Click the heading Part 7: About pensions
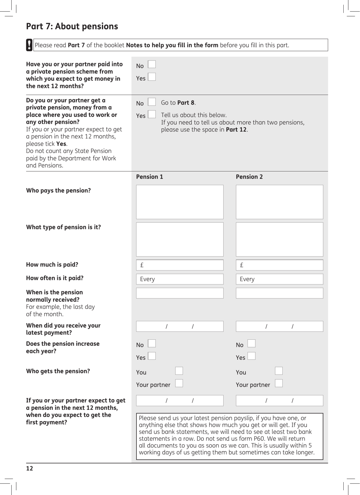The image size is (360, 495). click(72, 27)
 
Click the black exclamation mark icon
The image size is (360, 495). click(29, 45)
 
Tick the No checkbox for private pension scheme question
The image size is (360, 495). click(152, 65)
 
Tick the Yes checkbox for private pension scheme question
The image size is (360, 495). click(152, 77)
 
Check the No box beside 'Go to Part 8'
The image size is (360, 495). click(152, 102)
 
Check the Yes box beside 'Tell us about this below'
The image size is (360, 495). click(152, 114)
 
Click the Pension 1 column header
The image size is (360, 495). click(150, 177)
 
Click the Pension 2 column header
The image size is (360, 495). click(249, 177)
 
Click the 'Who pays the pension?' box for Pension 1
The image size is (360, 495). click(180, 202)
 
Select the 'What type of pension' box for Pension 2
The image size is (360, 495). click(279, 239)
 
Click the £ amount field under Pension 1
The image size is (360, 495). click(180, 265)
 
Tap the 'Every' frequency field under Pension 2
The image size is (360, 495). click(279, 279)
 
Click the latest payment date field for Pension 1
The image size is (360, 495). click(180, 326)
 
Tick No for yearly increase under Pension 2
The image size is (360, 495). click(251, 344)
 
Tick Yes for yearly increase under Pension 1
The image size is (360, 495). click(152, 356)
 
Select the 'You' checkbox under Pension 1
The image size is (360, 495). click(179, 371)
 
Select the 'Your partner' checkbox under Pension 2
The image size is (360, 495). click(279, 384)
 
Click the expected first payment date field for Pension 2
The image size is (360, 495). click(279, 401)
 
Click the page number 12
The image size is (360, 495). click(30, 468)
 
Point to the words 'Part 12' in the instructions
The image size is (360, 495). click(236, 130)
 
